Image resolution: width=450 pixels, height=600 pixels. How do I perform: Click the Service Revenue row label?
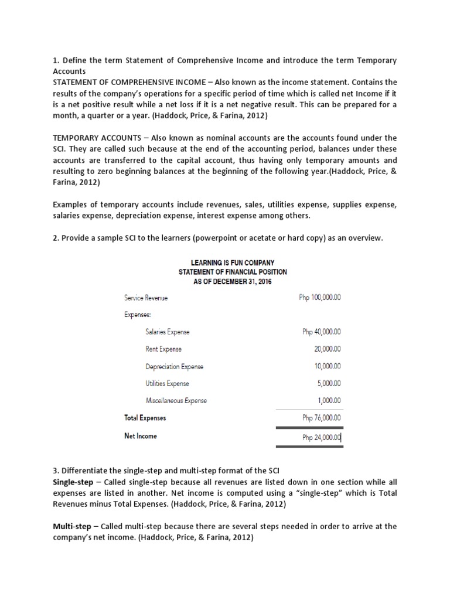pos(146,298)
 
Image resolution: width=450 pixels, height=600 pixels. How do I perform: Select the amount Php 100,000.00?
pos(320,298)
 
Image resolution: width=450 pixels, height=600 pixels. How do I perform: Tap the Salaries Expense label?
pos(168,332)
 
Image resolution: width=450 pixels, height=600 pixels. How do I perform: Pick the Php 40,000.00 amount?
pos(322,332)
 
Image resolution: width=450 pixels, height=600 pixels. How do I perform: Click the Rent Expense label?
pos(163,349)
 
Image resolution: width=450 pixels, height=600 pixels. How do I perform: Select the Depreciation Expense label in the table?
pos(175,367)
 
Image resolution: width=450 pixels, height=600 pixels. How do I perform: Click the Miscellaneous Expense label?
pos(176,401)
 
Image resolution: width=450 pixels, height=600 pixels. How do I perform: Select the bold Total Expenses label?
pos(145,418)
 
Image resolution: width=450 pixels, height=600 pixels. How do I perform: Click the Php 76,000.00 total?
pos(322,418)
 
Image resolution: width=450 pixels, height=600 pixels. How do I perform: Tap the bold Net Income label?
pos(141,437)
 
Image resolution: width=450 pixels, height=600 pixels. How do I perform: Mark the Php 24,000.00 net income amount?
pos(322,437)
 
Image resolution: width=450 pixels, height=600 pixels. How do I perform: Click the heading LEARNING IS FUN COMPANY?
pos(233,263)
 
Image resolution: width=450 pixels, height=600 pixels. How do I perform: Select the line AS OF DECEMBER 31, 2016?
pos(233,282)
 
